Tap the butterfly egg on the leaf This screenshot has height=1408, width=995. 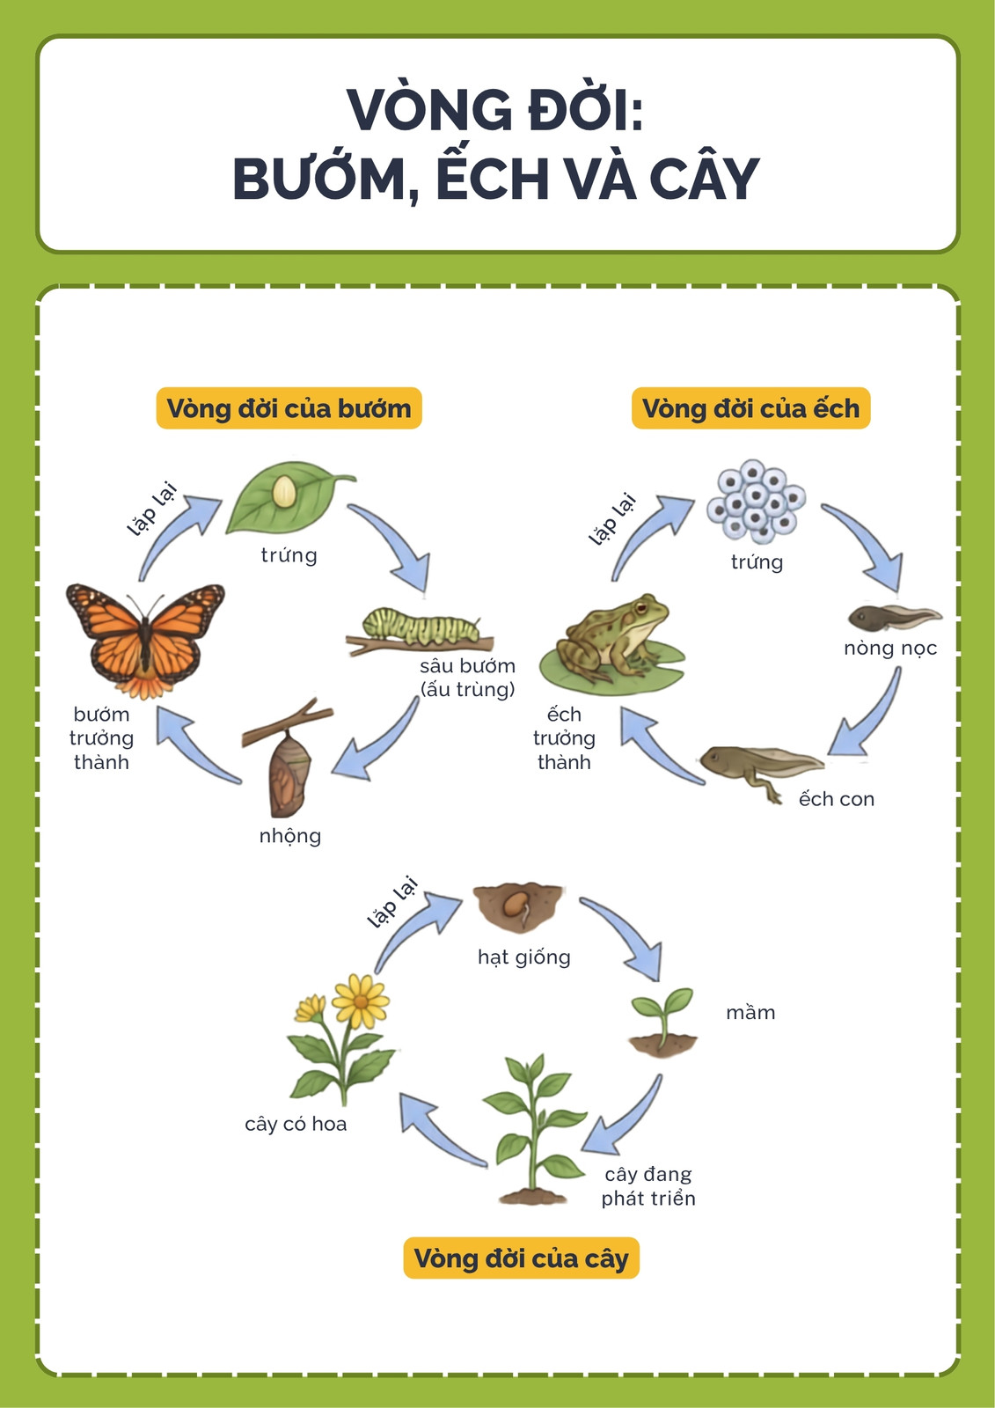coord(284,492)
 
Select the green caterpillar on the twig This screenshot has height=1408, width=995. coord(421,626)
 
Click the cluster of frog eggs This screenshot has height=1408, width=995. coord(756,501)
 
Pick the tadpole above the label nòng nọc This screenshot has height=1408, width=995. coord(895,617)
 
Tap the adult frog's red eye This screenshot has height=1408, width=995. coord(641,608)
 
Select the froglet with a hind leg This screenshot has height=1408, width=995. coord(762,772)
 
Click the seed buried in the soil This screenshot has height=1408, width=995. coord(515,906)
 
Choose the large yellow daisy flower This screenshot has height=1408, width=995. coord(360,1001)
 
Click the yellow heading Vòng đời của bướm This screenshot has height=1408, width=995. coord(289,408)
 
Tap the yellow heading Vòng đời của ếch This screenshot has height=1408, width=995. coord(750,408)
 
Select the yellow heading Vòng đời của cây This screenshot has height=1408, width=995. coord(521,1258)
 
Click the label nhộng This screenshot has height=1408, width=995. coord(289,836)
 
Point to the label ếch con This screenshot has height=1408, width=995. coord(836,798)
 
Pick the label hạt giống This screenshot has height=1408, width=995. coord(524,957)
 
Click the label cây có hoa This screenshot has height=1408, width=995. coord(296,1123)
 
